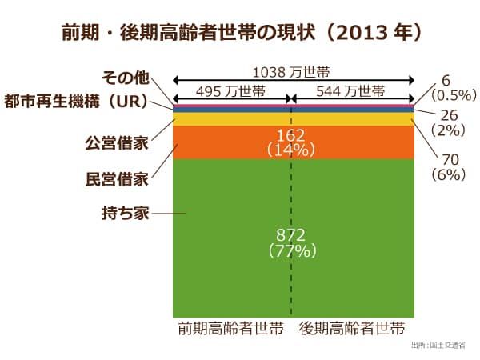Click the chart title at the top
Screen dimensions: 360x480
click(241, 34)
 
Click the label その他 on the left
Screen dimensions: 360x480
click(126, 78)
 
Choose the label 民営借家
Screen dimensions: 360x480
click(116, 178)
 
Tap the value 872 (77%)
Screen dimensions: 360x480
click(293, 242)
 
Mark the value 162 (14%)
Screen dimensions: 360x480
click(293, 142)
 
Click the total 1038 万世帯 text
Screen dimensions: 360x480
click(294, 72)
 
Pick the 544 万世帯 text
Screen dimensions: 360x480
click(351, 90)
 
